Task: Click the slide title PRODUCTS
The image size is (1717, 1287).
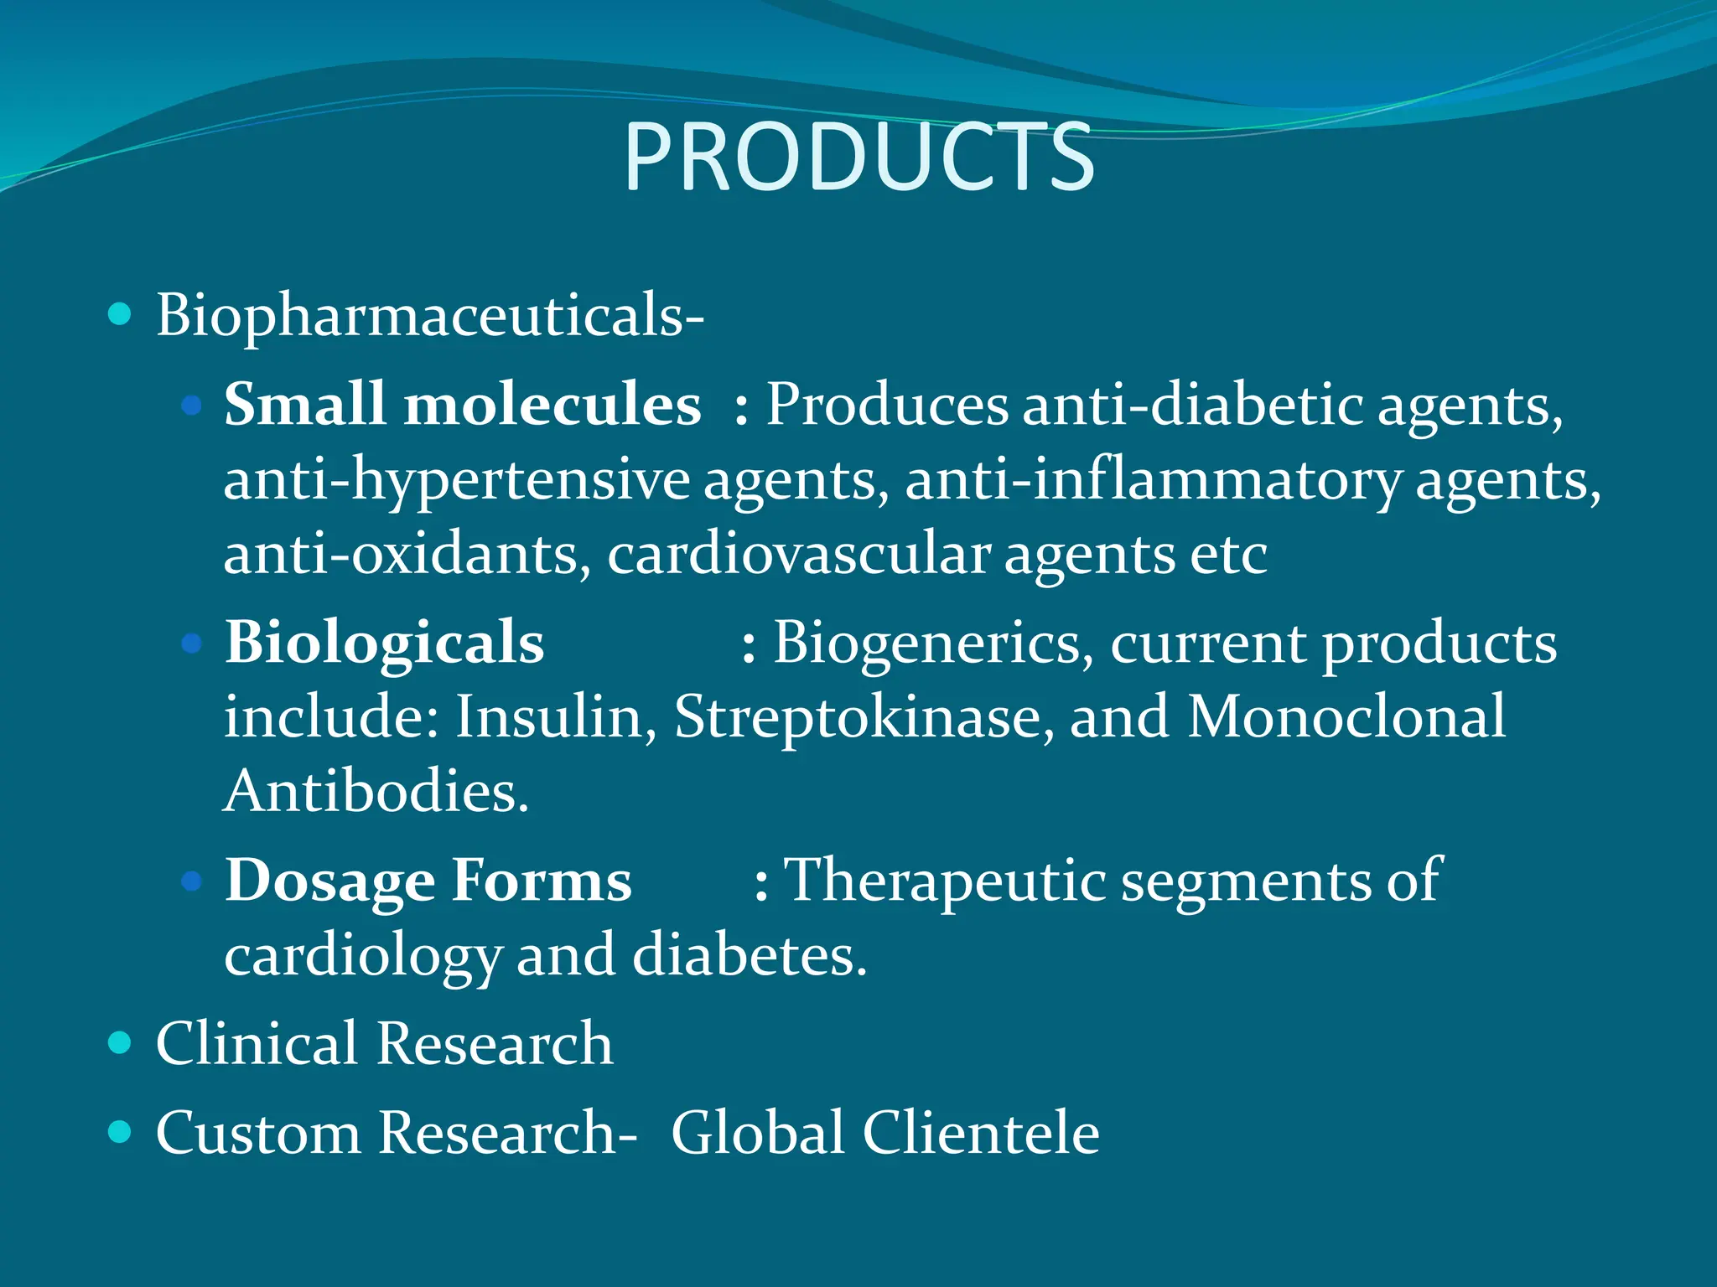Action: pos(858,158)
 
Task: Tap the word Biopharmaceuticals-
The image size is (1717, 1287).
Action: pos(429,317)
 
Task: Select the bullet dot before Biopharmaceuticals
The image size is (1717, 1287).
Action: pos(121,315)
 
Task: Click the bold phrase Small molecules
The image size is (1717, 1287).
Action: pos(462,405)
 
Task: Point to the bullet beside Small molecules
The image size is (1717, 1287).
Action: pos(192,406)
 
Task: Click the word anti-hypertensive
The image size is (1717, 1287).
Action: pos(456,480)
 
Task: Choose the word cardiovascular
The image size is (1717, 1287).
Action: pos(798,554)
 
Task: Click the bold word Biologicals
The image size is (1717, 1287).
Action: pos(384,643)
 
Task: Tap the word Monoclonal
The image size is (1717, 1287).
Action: pos(1346,717)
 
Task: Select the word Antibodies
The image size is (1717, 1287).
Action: pos(376,791)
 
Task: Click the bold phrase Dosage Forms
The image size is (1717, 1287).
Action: pos(428,881)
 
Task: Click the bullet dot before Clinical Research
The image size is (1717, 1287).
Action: pos(121,1042)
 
